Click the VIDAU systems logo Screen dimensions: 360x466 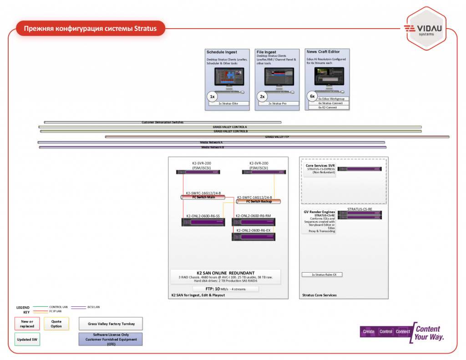426,30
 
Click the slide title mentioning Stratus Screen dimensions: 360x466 90,29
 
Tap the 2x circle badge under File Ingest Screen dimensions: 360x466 262,96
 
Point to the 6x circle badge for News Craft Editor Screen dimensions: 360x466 312,96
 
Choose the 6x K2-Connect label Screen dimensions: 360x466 328,108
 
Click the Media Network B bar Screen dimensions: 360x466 213,147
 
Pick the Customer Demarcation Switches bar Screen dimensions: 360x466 162,122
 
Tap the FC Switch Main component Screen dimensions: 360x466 203,197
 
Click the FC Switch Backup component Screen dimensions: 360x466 258,201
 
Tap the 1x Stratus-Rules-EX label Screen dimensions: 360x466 322,275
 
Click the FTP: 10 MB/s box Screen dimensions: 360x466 225,289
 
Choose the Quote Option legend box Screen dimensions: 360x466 56,324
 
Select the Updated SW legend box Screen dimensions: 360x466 27,340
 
